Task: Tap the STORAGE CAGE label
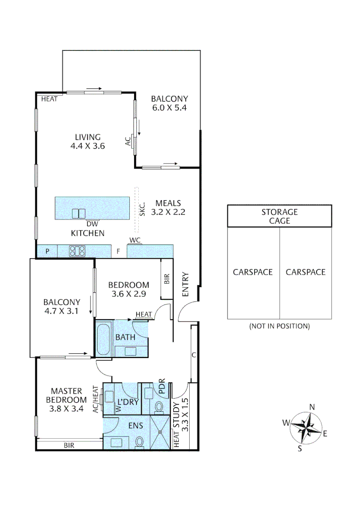click(x=279, y=216)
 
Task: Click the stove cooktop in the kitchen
click(x=76, y=251)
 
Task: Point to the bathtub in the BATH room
click(x=103, y=339)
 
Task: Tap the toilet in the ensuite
click(x=139, y=441)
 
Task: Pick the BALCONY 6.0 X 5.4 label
click(x=169, y=103)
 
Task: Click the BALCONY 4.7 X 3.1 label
click(x=62, y=306)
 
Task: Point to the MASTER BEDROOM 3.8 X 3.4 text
click(x=67, y=400)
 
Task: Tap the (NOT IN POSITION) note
click(x=279, y=326)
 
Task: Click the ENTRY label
click(x=185, y=284)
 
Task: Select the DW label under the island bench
click(x=92, y=224)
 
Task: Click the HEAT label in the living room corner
click(x=49, y=99)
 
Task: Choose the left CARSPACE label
click(x=253, y=272)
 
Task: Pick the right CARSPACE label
click(x=305, y=272)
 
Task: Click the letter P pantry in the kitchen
click(x=48, y=251)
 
